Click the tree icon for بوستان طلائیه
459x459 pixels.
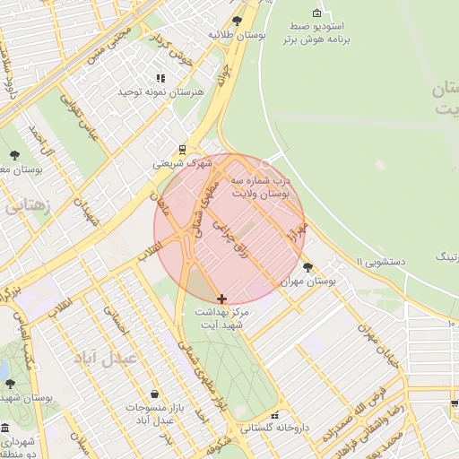pos(237,20)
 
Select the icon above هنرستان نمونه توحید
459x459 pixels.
pos(161,79)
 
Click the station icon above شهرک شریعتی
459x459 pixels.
pos(183,150)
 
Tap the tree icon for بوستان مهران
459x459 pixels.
pos(308,267)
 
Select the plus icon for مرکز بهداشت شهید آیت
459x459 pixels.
pos(222,298)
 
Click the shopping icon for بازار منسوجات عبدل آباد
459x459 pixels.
pos(155,394)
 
